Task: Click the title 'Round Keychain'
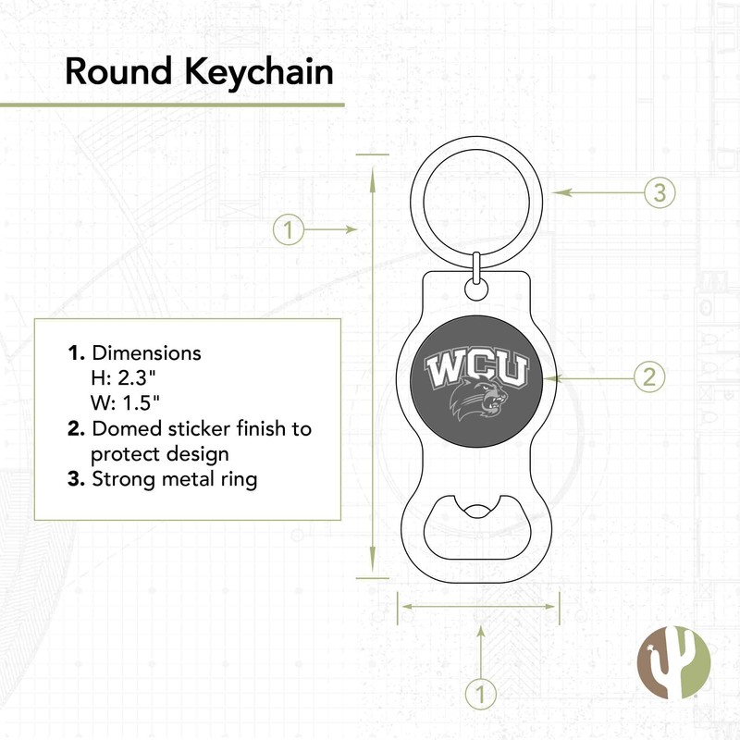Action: click(x=198, y=72)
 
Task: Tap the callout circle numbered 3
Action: click(x=659, y=192)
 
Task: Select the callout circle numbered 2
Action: click(x=649, y=376)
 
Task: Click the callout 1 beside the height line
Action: click(x=289, y=229)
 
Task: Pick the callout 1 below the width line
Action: click(x=480, y=692)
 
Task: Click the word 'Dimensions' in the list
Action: click(x=146, y=353)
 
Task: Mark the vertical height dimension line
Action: click(x=372, y=370)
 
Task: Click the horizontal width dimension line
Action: click(x=478, y=608)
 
